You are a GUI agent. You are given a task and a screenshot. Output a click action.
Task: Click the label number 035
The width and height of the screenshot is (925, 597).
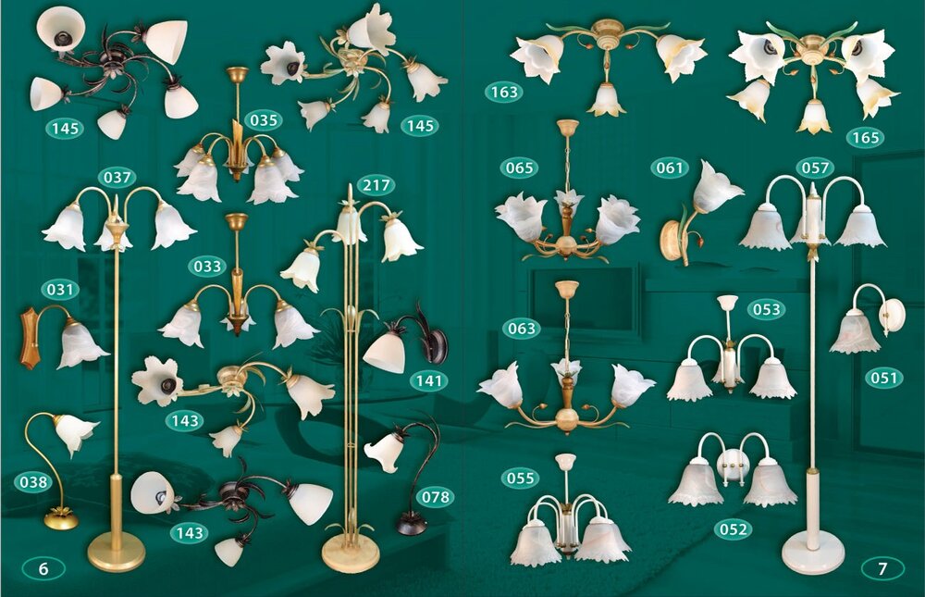(x=264, y=120)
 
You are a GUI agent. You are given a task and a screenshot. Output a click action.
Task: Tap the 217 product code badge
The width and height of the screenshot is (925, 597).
(x=376, y=185)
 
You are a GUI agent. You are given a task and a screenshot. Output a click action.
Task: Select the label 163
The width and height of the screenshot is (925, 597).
(x=504, y=93)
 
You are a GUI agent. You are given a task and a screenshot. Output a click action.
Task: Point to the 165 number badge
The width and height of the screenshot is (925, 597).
(x=866, y=138)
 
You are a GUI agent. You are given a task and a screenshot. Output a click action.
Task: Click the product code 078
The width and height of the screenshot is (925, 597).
(x=436, y=497)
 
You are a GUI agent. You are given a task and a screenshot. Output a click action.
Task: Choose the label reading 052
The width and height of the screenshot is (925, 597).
(x=733, y=529)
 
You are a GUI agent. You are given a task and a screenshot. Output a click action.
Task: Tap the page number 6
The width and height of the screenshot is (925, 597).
(x=43, y=568)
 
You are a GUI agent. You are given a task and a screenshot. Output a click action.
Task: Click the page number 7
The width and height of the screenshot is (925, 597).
(x=882, y=568)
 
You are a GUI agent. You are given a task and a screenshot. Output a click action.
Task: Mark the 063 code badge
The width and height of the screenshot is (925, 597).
(x=522, y=329)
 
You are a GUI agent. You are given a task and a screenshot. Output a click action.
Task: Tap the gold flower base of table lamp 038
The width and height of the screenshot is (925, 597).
(x=61, y=518)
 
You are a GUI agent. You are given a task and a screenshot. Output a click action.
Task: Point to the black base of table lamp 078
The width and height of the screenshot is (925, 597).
(x=412, y=523)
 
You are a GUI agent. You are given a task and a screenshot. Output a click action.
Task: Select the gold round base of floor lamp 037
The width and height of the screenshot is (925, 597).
(x=117, y=551)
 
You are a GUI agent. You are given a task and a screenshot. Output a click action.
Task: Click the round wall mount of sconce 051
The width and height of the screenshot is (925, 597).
(x=894, y=316)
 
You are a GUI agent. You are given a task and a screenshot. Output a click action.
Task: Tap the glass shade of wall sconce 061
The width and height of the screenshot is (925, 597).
(x=716, y=187)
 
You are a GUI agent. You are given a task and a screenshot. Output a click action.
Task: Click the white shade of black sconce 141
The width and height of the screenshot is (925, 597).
(x=385, y=352)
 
